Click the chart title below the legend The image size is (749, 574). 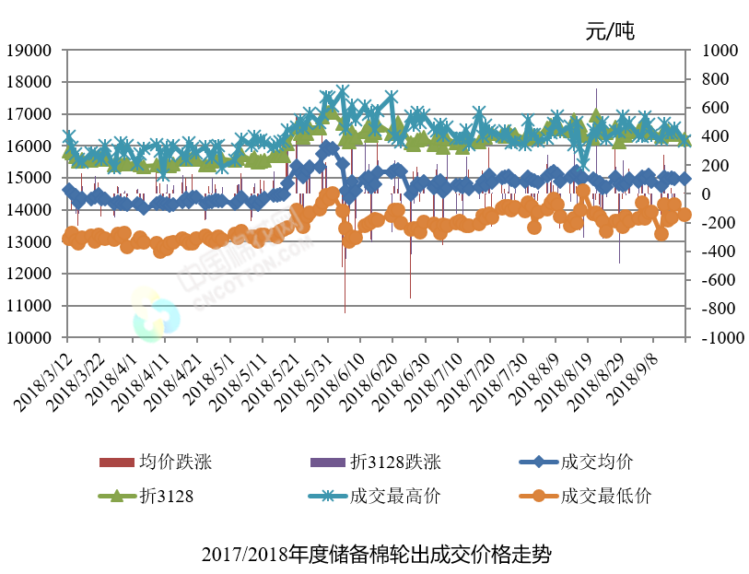(x=375, y=556)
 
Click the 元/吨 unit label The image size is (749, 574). (x=610, y=30)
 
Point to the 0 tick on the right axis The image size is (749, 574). (x=705, y=194)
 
